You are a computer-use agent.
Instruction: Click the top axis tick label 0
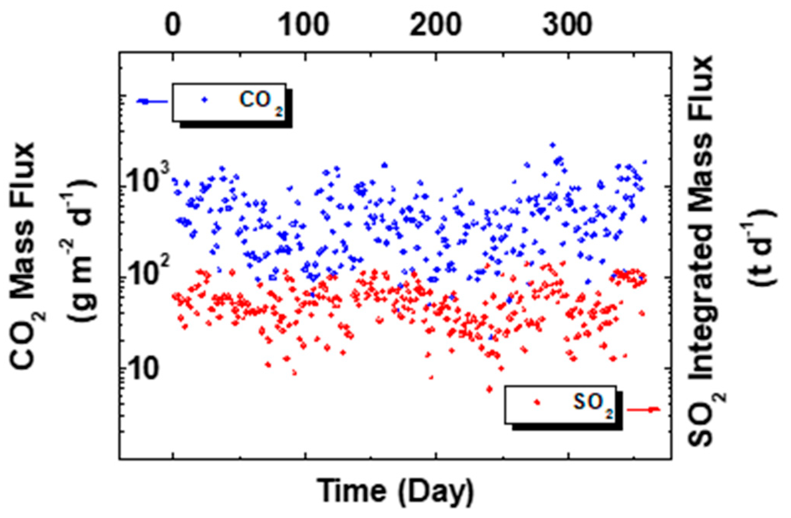173,25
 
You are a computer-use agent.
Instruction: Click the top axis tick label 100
304,25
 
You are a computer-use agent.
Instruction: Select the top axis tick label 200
435,25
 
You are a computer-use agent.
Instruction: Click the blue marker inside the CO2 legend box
205,100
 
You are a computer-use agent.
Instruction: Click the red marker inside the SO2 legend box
537,402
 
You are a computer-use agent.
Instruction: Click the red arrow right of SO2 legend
644,410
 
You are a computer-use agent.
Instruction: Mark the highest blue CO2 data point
553,145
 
